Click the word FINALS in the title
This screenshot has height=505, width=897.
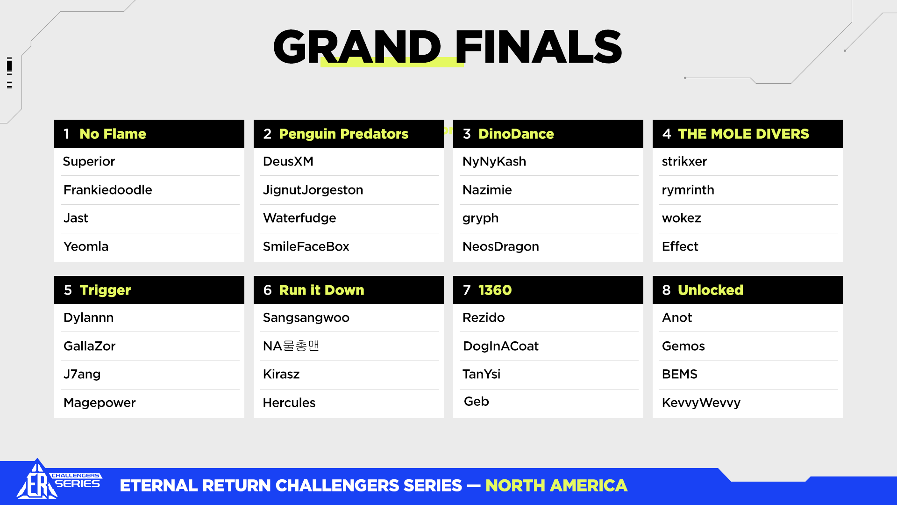539,47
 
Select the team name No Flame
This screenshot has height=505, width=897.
113,134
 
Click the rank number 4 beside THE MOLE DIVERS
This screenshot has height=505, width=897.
667,134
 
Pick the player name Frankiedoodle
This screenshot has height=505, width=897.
107,190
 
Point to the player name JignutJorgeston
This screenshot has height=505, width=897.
313,190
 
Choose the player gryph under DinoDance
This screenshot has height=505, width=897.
480,218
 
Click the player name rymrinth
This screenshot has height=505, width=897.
688,190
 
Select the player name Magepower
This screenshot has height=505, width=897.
100,403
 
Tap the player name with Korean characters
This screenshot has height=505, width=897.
291,346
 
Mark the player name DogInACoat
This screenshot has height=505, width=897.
501,346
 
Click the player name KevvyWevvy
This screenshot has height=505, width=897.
701,403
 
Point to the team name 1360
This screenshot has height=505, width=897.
495,290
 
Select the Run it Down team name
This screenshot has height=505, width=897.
321,290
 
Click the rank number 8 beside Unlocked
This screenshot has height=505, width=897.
666,290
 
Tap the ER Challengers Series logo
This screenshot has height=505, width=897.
58,481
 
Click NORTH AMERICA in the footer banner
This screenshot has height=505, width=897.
556,486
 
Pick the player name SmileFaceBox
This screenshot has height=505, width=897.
306,246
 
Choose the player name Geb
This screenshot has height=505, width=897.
477,402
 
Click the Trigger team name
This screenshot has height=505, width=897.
105,291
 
